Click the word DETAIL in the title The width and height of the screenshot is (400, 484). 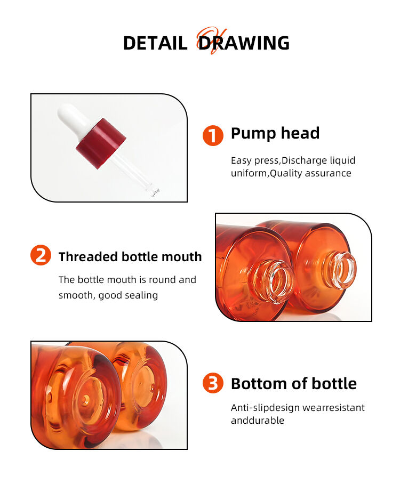click(155, 43)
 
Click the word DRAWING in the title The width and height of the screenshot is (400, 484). click(244, 43)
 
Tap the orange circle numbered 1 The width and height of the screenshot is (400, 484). click(213, 135)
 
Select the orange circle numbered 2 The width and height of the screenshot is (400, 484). click(41, 255)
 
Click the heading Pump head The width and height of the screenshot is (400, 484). click(275, 134)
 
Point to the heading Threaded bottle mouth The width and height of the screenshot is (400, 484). click(130, 257)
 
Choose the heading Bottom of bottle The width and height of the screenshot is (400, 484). click(294, 384)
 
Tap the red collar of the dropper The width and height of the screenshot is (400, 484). click(101, 143)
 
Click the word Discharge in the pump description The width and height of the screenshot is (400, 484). click(303, 160)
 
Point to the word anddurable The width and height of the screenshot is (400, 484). click(257, 421)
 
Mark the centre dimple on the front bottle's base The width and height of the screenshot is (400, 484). click(85, 399)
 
